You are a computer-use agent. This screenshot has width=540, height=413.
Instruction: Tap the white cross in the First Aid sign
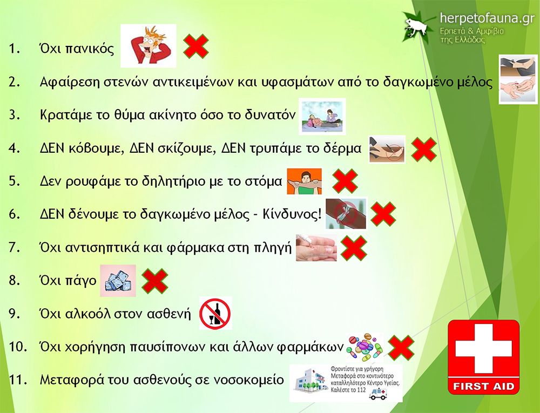point(483,349)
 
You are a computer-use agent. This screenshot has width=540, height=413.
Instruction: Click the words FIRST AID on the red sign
point(483,386)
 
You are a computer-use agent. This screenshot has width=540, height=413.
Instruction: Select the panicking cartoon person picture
point(148,46)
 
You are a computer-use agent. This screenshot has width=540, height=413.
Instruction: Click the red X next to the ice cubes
point(155,281)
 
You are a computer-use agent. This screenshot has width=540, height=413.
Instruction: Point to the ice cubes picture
point(118,281)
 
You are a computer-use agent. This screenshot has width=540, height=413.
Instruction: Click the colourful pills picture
point(364,347)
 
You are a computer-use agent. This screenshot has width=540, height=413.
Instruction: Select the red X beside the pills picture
point(401,348)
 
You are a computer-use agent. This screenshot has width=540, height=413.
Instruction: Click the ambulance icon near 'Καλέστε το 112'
point(377,394)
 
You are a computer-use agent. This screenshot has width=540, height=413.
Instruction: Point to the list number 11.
point(18,380)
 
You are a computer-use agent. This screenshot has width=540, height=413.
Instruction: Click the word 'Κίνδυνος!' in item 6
point(292,214)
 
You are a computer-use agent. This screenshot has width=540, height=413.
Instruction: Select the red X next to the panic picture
point(195,46)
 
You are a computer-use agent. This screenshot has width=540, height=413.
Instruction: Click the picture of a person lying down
point(322,116)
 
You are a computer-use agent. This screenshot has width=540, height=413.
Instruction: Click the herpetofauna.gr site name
point(487,18)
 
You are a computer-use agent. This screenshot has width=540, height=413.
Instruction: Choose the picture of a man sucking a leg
point(305,181)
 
